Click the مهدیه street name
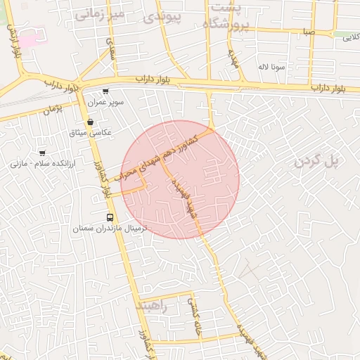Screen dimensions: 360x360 click(233, 62)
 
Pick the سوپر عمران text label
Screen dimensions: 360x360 click(105, 102)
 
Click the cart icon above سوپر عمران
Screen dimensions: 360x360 click(105, 91)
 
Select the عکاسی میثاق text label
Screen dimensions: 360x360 click(91, 132)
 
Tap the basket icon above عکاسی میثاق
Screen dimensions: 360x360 click(91, 122)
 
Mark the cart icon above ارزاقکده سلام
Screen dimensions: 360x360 click(42, 153)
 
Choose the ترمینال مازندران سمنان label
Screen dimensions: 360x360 click(108, 229)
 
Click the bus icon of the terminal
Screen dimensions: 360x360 click(109, 218)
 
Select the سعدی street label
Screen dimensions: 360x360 click(110, 49)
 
